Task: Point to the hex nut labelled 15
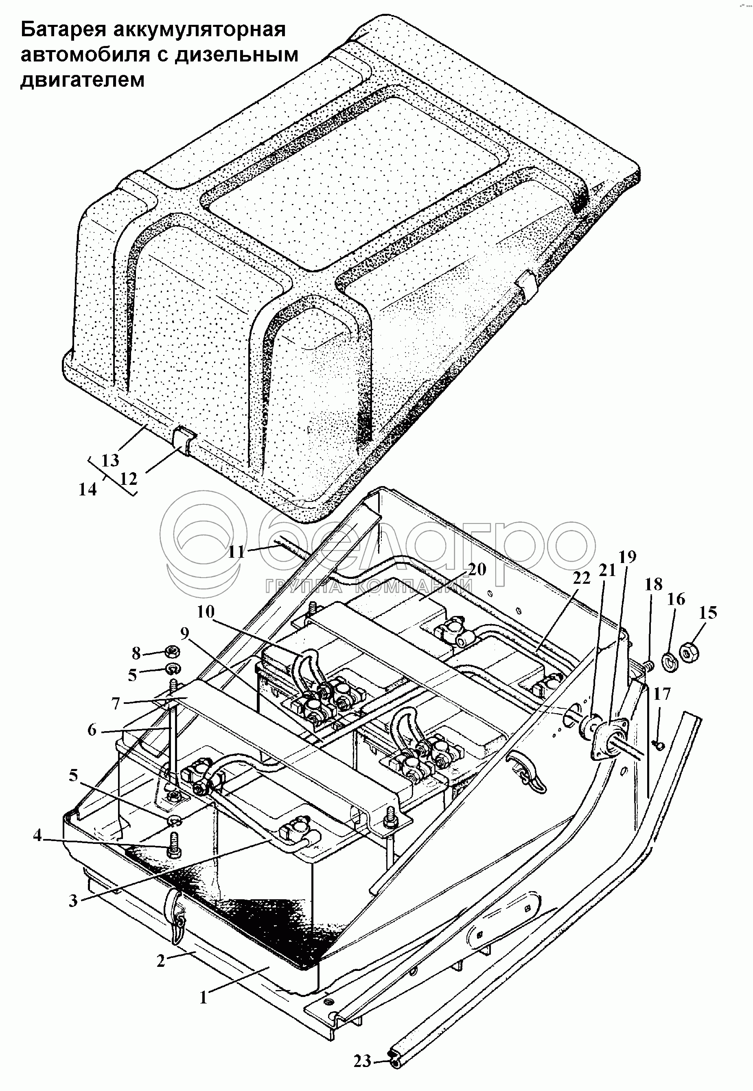click(x=690, y=653)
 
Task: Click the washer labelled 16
click(x=670, y=662)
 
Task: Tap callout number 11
click(x=236, y=552)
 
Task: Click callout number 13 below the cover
click(x=110, y=460)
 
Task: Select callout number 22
click(x=581, y=578)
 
